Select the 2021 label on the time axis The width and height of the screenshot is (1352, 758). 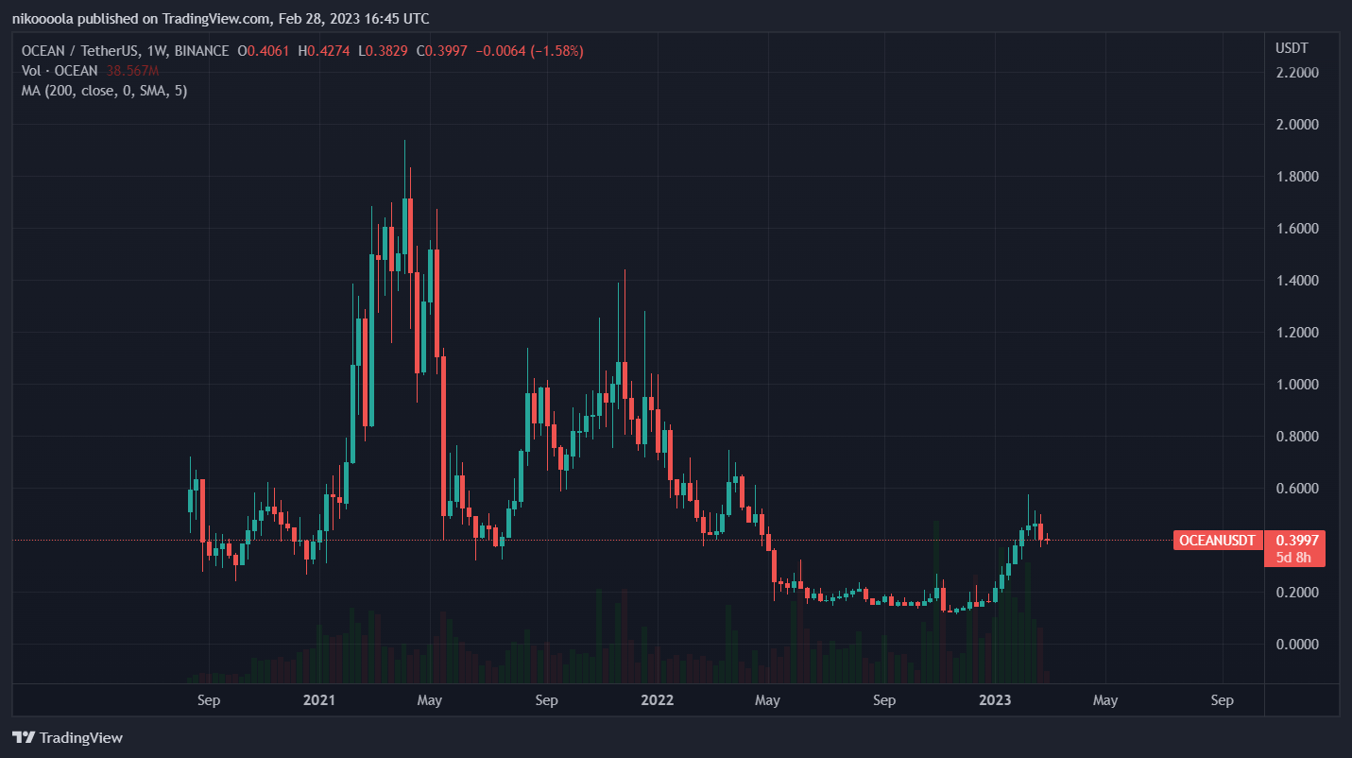319,700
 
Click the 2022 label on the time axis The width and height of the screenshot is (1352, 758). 657,700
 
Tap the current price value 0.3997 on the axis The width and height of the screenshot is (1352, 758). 1295,541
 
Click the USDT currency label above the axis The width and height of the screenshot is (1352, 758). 1291,47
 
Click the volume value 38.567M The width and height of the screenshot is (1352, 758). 131,71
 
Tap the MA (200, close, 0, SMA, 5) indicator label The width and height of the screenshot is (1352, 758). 104,91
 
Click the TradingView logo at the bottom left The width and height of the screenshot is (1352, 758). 67,737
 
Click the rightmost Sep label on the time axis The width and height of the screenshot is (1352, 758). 1222,700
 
